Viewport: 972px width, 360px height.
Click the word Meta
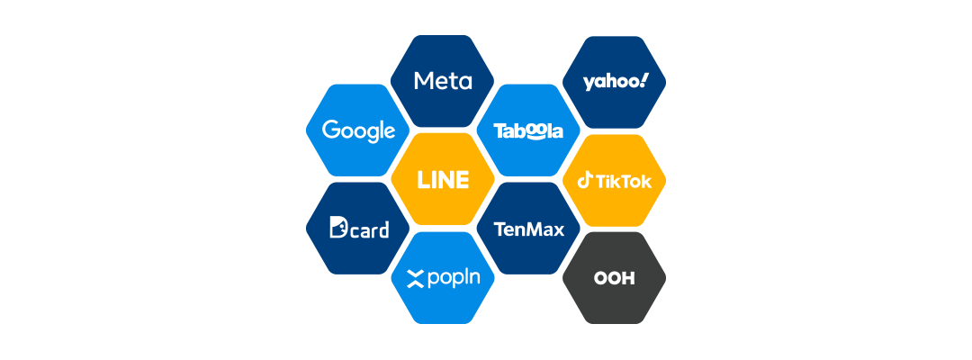click(x=443, y=81)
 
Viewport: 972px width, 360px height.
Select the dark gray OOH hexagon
click(x=614, y=277)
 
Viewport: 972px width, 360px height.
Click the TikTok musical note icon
click(x=585, y=180)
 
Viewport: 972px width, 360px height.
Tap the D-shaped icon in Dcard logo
click(x=338, y=229)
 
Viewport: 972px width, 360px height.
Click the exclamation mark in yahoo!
click(x=643, y=80)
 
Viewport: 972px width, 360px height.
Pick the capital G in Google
click(x=330, y=130)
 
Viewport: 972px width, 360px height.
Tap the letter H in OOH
click(x=627, y=278)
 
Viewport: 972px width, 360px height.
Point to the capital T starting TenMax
click(x=499, y=229)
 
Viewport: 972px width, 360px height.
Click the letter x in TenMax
click(x=558, y=229)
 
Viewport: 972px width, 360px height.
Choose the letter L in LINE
click(x=423, y=180)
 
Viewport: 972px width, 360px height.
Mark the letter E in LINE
click(x=463, y=180)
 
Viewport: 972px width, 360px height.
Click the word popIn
click(x=454, y=278)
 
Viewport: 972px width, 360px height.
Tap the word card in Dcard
click(x=370, y=230)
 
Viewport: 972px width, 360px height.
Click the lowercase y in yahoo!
click(x=589, y=83)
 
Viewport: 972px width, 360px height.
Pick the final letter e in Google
click(x=390, y=132)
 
